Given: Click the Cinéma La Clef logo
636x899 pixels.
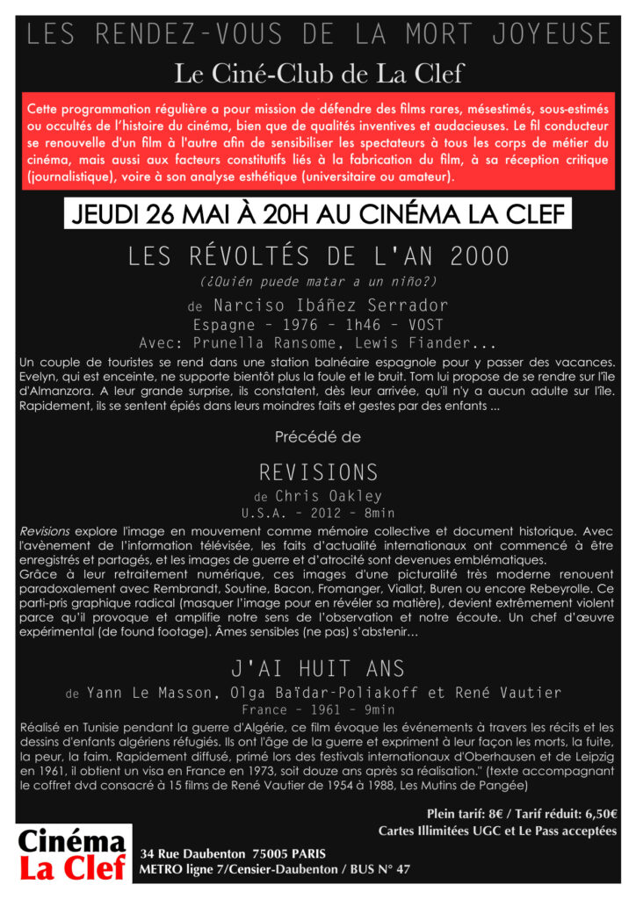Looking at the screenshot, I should (72, 855).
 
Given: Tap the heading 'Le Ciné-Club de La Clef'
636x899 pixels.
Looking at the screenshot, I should (317, 72).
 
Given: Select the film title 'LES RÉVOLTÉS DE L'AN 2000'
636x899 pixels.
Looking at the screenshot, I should (318, 256).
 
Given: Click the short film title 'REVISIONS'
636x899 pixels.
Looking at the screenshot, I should (318, 471).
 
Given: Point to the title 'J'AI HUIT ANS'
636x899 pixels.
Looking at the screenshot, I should (318, 668).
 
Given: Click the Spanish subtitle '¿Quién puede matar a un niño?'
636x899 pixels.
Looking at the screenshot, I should (318, 282).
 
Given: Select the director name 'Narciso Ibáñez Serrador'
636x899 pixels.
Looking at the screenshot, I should (329, 306).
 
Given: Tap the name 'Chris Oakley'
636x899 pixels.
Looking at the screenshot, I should (329, 496).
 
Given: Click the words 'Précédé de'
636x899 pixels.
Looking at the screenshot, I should (318, 436).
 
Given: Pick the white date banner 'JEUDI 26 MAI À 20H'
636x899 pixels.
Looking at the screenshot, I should (318, 215).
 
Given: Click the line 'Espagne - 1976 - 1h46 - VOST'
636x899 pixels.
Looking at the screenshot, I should (318, 324).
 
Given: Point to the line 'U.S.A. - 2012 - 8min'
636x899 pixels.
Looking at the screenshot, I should (318, 513).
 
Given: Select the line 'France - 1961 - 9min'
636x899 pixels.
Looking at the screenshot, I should (318, 709).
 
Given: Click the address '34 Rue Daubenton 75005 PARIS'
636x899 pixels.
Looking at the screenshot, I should (233, 853).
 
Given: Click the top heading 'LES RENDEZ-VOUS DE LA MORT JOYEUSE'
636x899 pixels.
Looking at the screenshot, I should (318, 35).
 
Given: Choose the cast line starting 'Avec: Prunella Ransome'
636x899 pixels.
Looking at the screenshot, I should (318, 342).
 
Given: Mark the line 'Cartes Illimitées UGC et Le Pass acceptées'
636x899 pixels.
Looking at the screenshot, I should (497, 831).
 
